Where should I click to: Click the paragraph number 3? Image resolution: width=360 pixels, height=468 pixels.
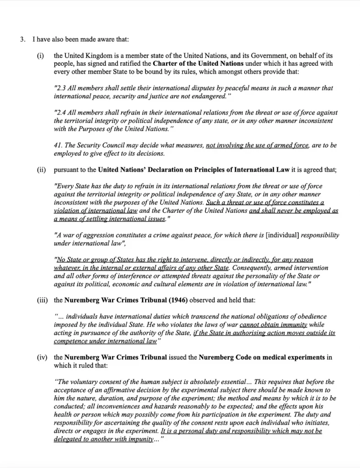(22, 39)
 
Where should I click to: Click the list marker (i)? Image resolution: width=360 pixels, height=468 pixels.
(40, 56)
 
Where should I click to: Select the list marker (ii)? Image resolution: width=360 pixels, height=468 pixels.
(40, 170)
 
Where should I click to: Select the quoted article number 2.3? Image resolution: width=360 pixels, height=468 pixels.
(60, 88)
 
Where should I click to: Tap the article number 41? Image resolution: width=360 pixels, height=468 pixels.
(58, 146)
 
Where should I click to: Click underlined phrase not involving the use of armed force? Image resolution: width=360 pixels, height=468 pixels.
(258, 146)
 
